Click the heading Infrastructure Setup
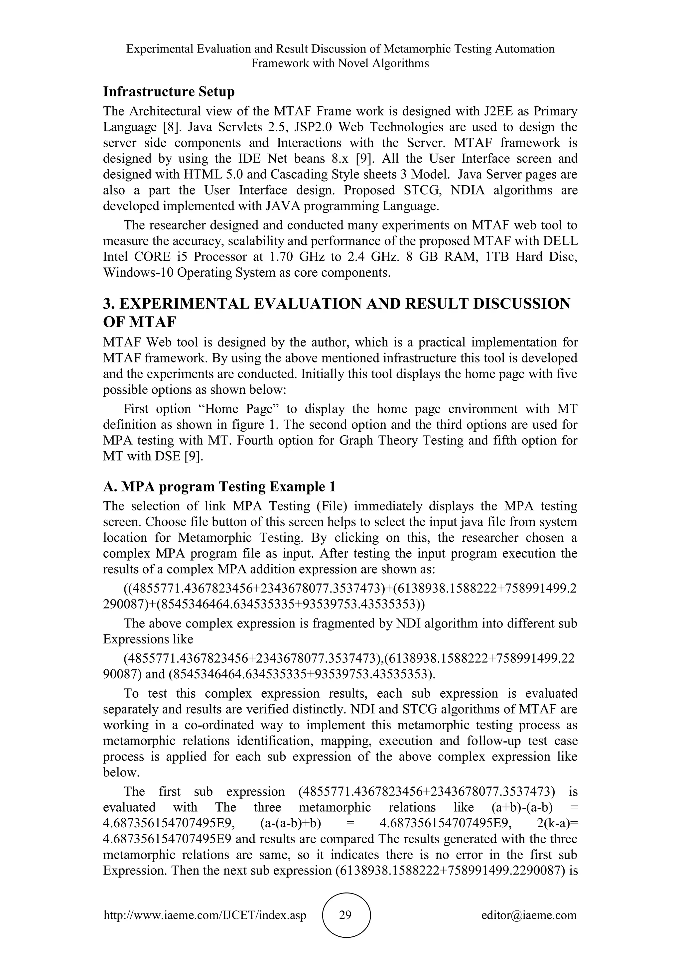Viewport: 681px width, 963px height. click(x=169, y=91)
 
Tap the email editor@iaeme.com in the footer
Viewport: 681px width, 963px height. click(x=529, y=915)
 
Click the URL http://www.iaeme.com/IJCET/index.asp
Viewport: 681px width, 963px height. click(x=204, y=915)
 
